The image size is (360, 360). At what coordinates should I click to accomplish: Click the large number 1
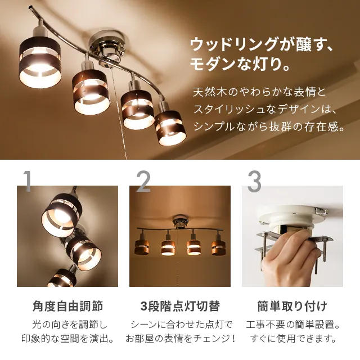(x=26, y=181)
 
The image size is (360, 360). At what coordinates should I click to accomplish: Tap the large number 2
(x=143, y=181)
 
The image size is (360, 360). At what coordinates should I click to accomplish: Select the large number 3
(x=254, y=181)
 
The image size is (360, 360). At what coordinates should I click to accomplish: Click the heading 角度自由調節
(x=67, y=307)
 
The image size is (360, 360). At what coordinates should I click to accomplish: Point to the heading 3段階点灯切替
(x=180, y=307)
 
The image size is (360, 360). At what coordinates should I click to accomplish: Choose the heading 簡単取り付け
(x=292, y=307)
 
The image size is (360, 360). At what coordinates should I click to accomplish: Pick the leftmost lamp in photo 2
(x=142, y=246)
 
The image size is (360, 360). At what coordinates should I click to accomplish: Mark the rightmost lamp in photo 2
(x=218, y=246)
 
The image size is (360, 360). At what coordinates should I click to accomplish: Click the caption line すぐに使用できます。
(x=292, y=339)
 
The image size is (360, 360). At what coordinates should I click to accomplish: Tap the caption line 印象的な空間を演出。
(x=67, y=339)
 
